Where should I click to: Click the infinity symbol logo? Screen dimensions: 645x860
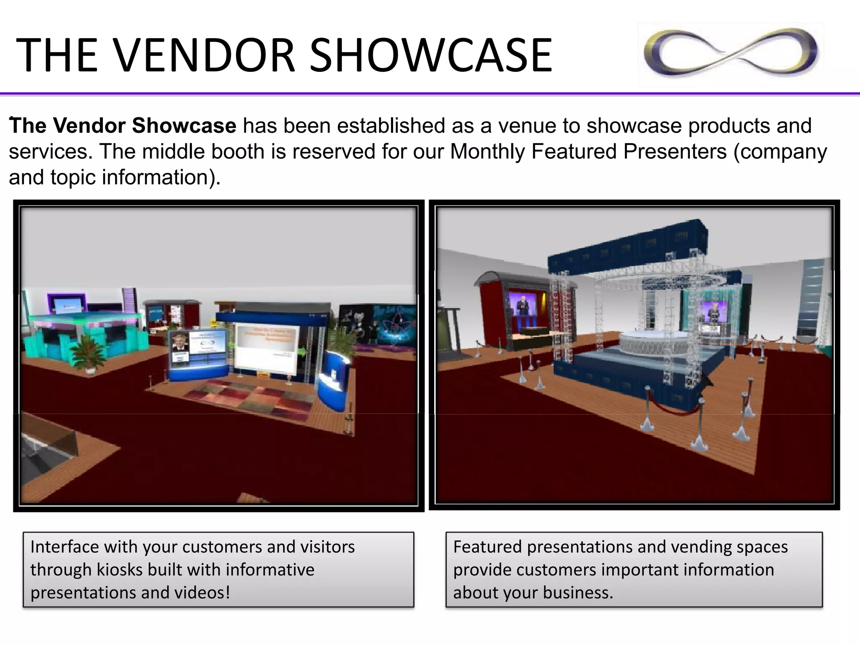coord(731,54)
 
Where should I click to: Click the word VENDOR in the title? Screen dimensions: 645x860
coord(205,55)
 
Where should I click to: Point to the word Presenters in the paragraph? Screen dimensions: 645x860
coord(675,152)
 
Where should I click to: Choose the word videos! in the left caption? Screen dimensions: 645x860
coord(202,593)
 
